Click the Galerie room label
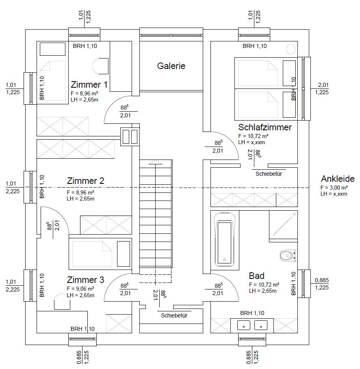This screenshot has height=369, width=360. pos(171,66)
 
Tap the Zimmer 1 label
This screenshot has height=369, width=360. pos(89,84)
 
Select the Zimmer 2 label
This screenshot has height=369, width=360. pos(85,181)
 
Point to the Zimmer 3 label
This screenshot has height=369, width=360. pos(85,280)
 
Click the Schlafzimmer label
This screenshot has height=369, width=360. pos(265,127)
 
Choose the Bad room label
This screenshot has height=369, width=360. pos(256,276)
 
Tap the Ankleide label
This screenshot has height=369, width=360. pos(338,179)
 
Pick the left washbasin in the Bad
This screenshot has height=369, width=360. pos(243,325)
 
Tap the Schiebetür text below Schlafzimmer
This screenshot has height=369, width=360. pos(269,174)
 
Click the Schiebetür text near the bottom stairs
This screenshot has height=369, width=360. pos(174,315)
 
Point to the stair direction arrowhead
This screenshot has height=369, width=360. pos(155,162)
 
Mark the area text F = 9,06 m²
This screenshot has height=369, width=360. pos(80,289)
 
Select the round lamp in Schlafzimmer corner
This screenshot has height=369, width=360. pos(291,49)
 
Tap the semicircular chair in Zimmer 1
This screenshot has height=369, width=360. pos(100,66)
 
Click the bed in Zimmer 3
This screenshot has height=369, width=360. pos(100,254)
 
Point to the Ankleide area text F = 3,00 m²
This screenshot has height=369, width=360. pos(334,188)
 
